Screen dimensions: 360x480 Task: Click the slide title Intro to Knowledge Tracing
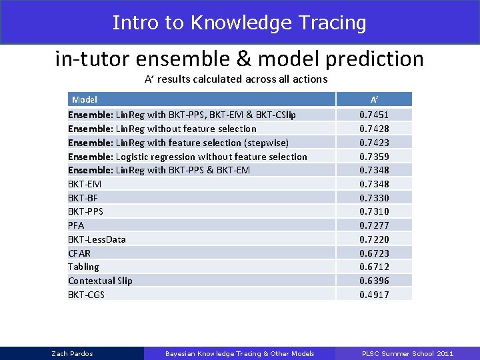(239, 23)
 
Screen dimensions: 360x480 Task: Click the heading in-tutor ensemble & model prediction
(239, 59)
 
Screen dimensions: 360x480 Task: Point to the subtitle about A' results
(236, 79)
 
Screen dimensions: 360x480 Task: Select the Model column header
(85, 99)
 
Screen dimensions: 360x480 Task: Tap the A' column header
(374, 99)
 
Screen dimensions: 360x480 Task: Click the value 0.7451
(374, 115)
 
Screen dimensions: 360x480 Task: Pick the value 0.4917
(374, 295)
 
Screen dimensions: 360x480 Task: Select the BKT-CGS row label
(86, 295)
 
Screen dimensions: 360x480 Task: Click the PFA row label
(76, 225)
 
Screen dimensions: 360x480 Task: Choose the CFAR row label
(79, 253)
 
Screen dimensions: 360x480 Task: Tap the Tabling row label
(83, 267)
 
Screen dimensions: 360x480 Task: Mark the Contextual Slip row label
(100, 281)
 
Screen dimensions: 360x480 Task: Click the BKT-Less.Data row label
(97, 239)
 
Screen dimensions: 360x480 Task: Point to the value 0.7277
(374, 225)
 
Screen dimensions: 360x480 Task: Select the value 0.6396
(374, 281)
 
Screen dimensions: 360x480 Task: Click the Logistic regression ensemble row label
(187, 157)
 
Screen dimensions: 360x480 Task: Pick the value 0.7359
(374, 157)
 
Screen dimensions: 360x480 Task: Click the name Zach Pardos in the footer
(72, 353)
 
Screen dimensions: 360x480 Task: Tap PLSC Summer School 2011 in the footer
(407, 353)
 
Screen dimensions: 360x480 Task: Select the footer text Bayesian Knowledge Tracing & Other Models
(239, 353)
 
